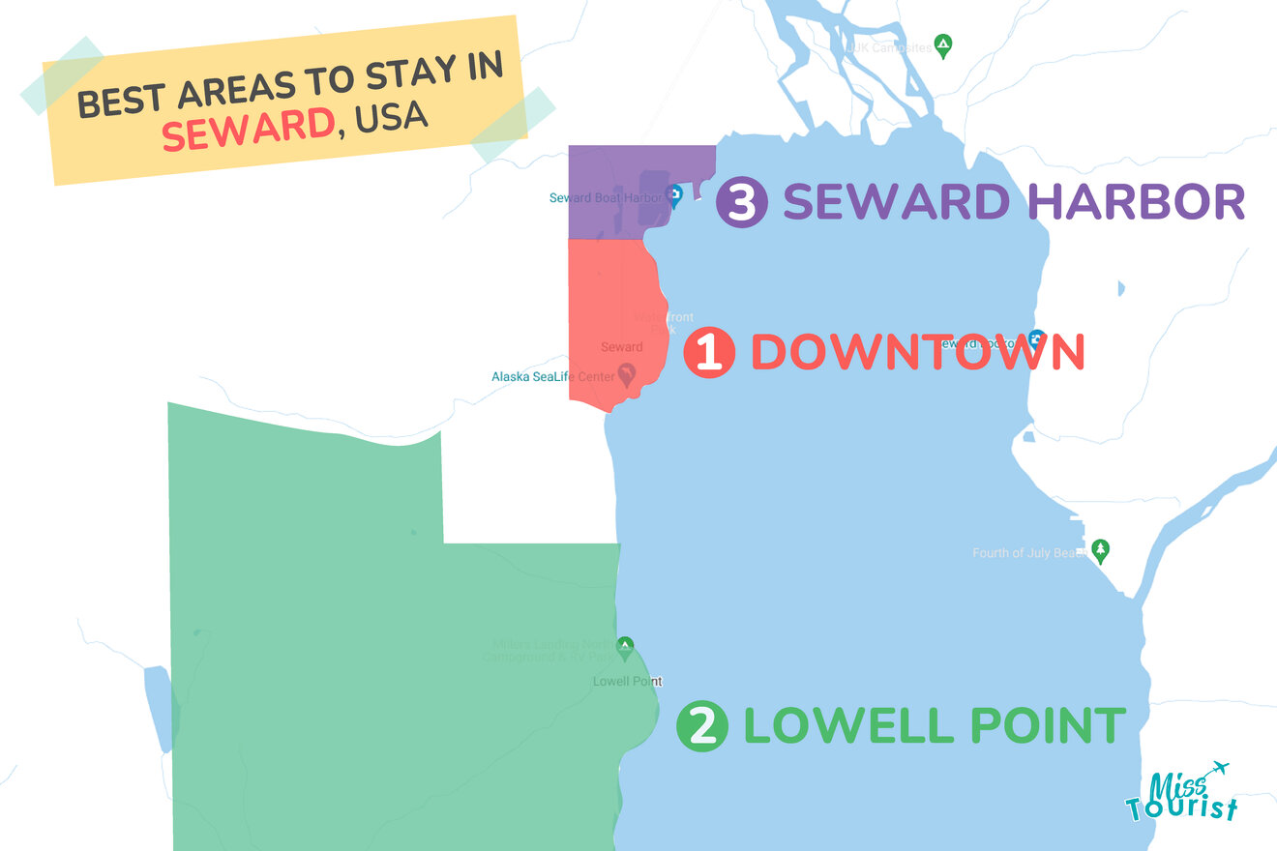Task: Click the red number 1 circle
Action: pos(709,352)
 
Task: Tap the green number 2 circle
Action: pos(702,726)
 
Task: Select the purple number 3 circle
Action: pos(742,202)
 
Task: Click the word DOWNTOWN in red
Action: pos(917,352)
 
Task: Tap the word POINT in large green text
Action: pos(1043,726)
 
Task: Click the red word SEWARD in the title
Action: pos(248,131)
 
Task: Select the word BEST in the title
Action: pos(120,100)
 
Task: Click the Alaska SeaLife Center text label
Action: pos(552,376)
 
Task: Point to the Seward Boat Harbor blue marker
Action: pos(675,196)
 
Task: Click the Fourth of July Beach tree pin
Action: pos(1100,550)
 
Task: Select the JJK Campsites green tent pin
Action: pos(943,44)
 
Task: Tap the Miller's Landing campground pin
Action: pos(625,645)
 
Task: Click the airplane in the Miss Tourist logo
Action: pos(1216,769)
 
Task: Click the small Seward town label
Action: pos(621,346)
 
